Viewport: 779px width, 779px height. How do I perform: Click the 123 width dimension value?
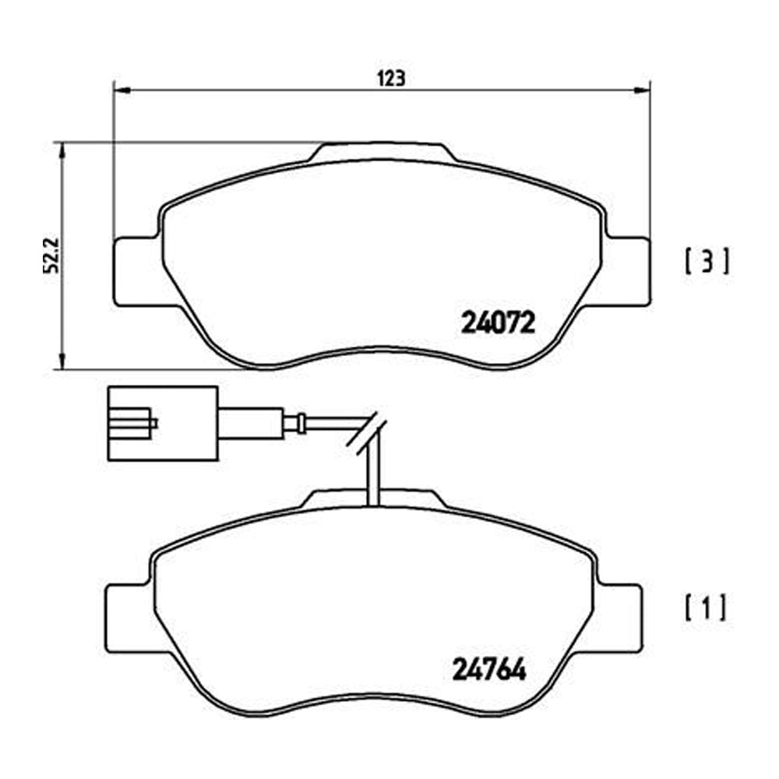(392, 79)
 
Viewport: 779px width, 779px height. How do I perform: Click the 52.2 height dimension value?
(51, 256)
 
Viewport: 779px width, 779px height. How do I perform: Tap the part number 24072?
(499, 323)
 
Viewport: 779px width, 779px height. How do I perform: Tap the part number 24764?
(489, 670)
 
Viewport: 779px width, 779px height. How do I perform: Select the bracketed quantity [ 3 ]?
(707, 261)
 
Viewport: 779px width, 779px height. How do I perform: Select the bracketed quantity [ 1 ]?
(705, 607)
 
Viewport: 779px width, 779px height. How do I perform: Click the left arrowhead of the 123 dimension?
(122, 90)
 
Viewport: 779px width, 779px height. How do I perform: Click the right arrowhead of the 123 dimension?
(642, 90)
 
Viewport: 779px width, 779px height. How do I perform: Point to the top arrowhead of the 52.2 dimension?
(62, 150)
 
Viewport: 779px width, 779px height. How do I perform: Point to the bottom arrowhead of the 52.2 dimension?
(62, 361)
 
